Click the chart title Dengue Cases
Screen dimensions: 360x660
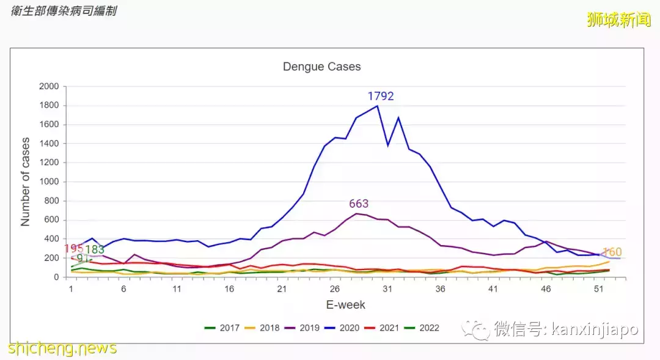(x=321, y=67)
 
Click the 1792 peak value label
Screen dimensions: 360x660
(x=381, y=97)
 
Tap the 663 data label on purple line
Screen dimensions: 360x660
(x=359, y=204)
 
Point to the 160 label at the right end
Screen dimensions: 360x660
(x=612, y=252)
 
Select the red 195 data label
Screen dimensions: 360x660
(x=73, y=249)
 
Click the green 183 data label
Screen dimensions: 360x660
(x=95, y=250)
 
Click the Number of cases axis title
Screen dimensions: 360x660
(x=26, y=182)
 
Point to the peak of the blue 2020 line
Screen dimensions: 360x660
(x=377, y=106)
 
